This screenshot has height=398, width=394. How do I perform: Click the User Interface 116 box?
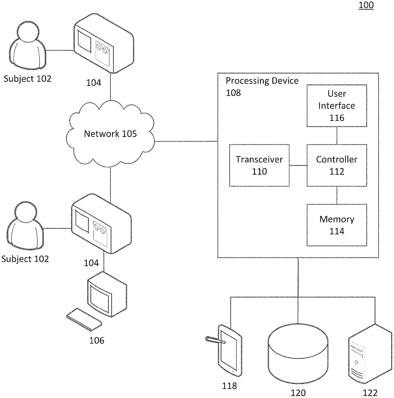[336, 106]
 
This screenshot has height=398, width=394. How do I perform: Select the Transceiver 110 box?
[259, 165]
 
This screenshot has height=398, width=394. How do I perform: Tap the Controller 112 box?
[336, 165]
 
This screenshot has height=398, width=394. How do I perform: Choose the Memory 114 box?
[336, 225]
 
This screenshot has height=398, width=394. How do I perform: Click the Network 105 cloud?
[110, 134]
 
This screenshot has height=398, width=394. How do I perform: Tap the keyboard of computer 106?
[84, 318]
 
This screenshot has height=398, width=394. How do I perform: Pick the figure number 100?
[366, 5]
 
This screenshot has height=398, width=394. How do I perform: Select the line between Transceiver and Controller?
[298, 165]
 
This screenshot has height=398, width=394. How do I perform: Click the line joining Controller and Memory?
[337, 195]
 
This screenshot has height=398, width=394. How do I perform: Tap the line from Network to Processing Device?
[186, 141]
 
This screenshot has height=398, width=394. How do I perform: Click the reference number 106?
[97, 340]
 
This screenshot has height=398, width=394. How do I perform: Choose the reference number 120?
[298, 393]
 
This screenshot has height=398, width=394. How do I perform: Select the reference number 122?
[370, 393]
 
